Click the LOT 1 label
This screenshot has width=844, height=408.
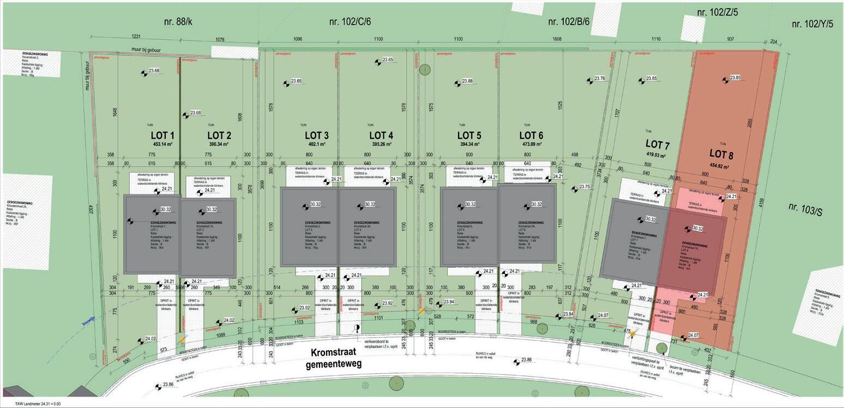[x=162, y=135]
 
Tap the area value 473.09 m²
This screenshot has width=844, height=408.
[x=531, y=145]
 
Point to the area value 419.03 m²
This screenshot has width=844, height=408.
[x=657, y=155]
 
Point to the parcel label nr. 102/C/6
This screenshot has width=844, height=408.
[x=350, y=22]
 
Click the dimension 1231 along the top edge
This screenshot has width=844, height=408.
[x=136, y=37]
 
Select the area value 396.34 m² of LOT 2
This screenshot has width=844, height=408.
[x=220, y=145]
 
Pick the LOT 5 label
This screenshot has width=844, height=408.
[x=469, y=135]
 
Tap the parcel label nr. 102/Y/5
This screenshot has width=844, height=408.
[x=812, y=23]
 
